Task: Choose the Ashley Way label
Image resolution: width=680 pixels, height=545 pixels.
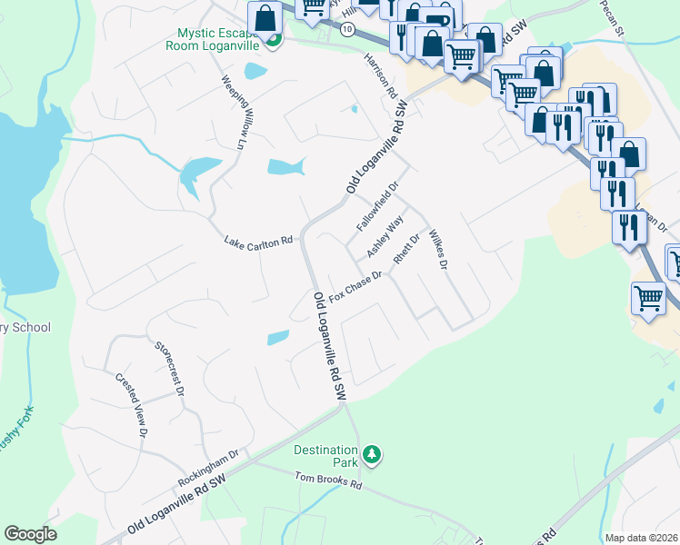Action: coord(385,236)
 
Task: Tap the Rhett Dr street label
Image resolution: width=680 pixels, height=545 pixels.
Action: coord(406,249)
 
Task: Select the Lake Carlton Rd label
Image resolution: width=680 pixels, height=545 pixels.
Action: coord(258,241)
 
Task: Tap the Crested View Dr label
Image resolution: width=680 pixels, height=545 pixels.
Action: coord(130,405)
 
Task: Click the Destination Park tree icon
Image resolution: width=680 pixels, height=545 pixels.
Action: coord(370,452)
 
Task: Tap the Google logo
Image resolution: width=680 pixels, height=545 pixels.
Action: coord(31,534)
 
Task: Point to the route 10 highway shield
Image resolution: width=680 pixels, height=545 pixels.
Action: coord(346,29)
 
